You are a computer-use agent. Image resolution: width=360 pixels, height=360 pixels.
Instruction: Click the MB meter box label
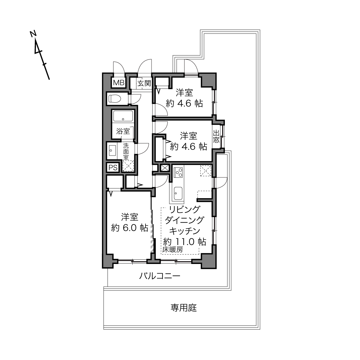[x=119, y=83]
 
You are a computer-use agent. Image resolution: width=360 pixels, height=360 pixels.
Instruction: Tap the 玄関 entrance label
[x=144, y=83]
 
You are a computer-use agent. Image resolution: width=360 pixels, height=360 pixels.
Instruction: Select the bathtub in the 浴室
[x=123, y=116]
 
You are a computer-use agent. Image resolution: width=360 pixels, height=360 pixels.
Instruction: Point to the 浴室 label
[x=123, y=131]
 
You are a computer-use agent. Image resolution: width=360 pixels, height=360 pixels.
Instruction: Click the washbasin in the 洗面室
[x=112, y=150]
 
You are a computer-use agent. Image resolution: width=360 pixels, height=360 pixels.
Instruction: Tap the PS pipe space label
[x=113, y=168]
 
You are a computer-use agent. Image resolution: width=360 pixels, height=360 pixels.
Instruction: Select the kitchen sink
[x=178, y=193]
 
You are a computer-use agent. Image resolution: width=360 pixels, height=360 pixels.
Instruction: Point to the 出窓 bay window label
[x=216, y=137]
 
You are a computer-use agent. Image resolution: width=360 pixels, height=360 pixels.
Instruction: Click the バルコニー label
[x=160, y=276]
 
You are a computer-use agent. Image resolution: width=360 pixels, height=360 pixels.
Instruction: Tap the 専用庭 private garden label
[x=183, y=308]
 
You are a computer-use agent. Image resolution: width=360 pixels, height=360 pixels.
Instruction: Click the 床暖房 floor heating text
[x=173, y=250]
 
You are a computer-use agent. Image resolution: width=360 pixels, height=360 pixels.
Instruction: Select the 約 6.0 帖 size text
[x=130, y=228]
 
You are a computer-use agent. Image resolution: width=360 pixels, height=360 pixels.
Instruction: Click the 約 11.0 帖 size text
[x=185, y=242]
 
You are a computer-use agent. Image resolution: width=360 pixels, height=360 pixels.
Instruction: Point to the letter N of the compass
[x=33, y=34]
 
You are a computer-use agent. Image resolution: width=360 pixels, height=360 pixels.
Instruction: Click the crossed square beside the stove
[x=164, y=168]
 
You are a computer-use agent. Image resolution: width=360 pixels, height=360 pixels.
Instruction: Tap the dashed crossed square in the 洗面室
[x=128, y=166]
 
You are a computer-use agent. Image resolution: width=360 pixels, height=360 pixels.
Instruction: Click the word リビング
[x=185, y=209]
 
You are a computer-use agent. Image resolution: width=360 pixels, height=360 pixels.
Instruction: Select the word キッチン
[x=185, y=231]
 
